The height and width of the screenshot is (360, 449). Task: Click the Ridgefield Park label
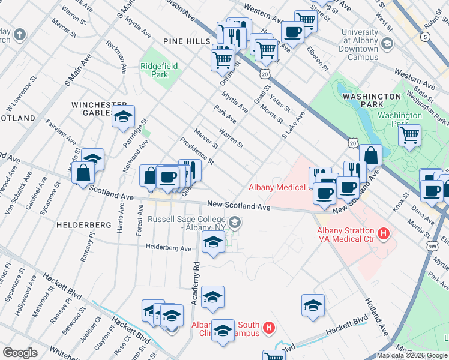coord(155,71)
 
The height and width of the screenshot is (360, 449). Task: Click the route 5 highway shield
coord(426,37)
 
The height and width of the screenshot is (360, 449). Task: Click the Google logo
coord(20,352)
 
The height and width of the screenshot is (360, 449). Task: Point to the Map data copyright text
coord(412,355)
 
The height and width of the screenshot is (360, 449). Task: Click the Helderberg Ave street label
coord(168,248)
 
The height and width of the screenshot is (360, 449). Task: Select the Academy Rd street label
coord(195,283)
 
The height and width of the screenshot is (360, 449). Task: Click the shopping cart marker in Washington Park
coord(410,135)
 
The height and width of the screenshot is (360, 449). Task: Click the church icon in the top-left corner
coord(20,34)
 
